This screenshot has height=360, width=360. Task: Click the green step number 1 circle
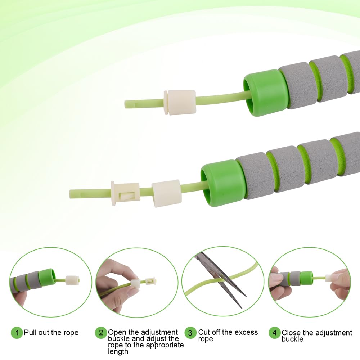pos(17,333)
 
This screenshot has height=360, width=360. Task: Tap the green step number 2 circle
pos(101,333)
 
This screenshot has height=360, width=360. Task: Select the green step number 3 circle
pos(191,333)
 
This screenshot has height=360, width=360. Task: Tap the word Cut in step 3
pos(204,332)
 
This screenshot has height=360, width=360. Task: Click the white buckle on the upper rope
pos(180,103)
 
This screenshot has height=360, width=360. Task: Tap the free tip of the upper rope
pos(128,104)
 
